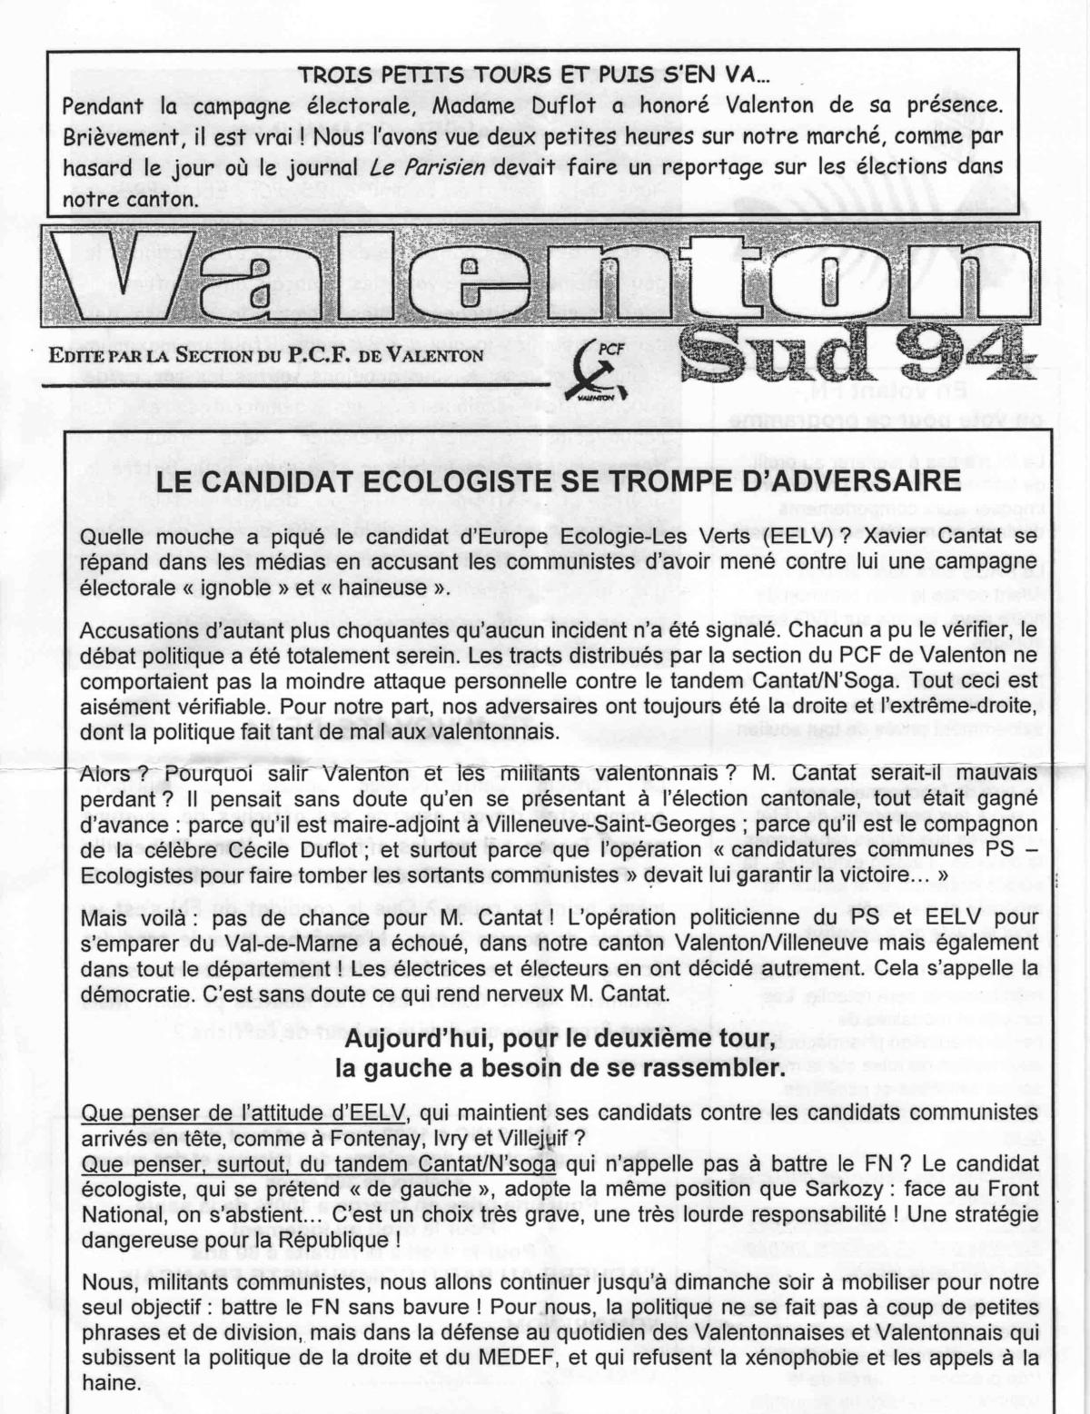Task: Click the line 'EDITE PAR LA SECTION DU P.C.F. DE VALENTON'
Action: point(268,355)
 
